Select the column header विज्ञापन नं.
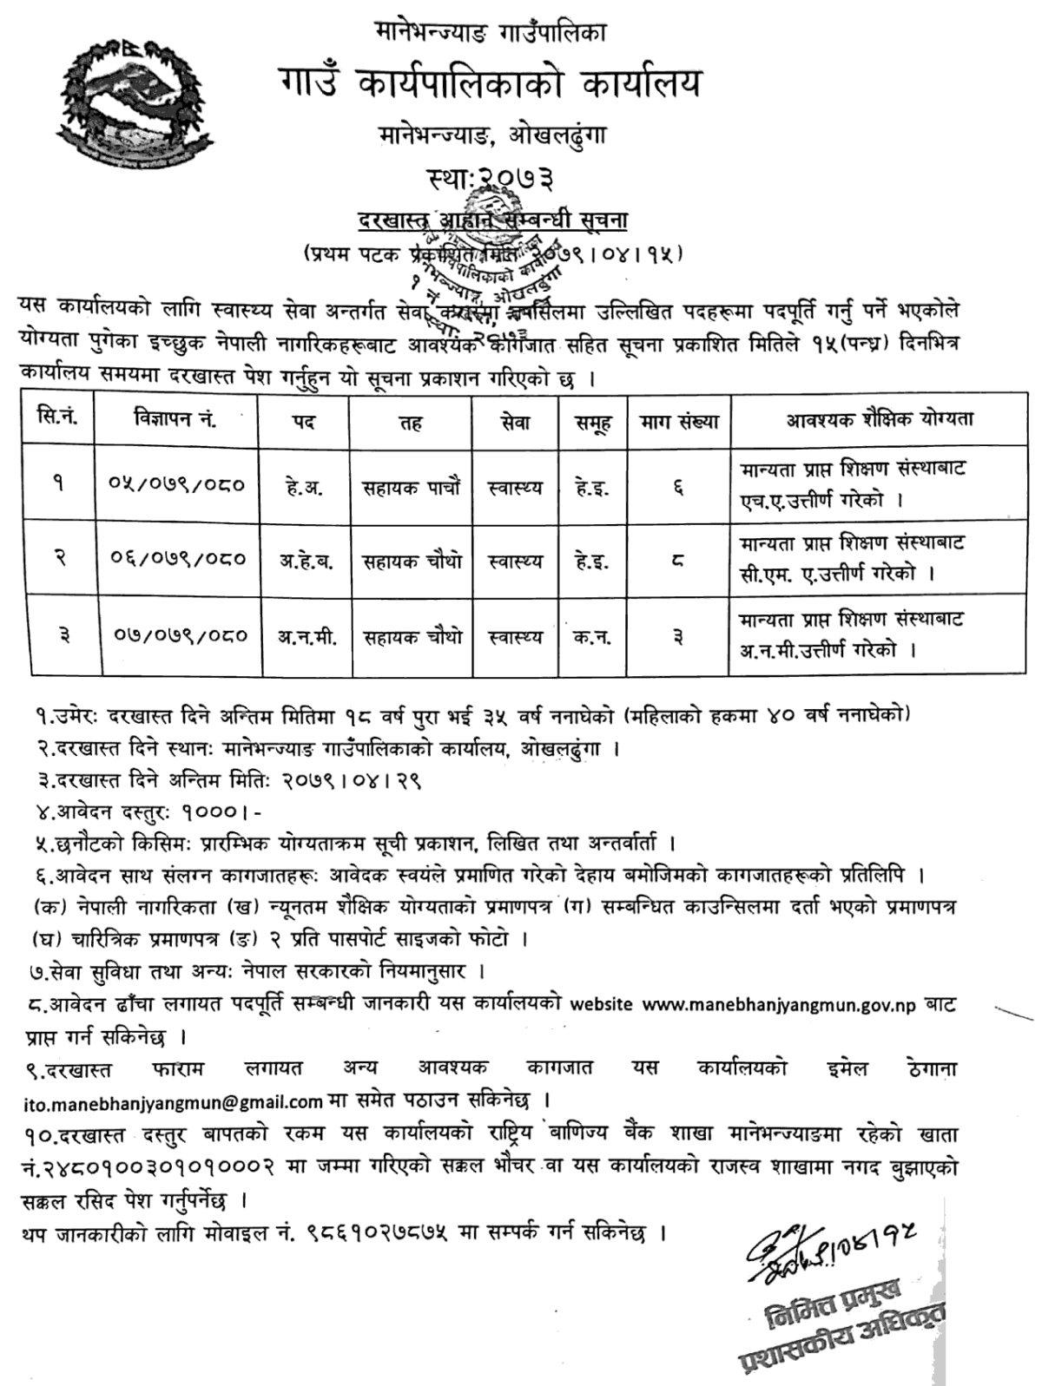[x=170, y=420]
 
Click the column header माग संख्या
[x=680, y=421]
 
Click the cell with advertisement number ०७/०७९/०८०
[x=181, y=636]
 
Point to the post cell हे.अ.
[x=304, y=487]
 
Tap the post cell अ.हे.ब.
[x=304, y=561]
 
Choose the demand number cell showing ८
[x=677, y=562]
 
